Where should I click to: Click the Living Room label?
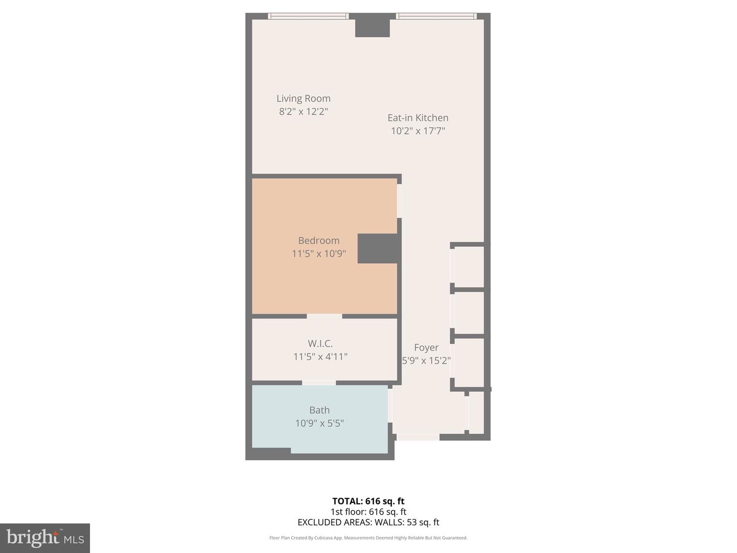click(x=304, y=98)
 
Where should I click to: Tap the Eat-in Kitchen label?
click(x=418, y=118)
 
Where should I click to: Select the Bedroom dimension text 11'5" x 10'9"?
click(x=319, y=253)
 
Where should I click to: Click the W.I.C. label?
click(x=320, y=344)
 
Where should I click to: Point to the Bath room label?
click(x=319, y=410)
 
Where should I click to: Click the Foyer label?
click(x=426, y=348)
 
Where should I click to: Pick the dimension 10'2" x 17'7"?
click(x=418, y=131)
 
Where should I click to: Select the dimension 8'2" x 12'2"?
click(x=304, y=112)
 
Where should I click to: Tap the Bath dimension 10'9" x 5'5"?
click(x=319, y=423)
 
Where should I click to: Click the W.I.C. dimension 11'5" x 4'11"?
click(x=320, y=356)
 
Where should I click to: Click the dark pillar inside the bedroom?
click(x=378, y=248)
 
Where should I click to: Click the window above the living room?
click(x=308, y=16)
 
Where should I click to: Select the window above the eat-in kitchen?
click(x=437, y=16)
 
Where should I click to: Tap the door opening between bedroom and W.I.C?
click(x=324, y=316)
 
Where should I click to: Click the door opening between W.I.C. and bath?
click(x=319, y=383)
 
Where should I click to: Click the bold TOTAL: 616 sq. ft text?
click(x=368, y=501)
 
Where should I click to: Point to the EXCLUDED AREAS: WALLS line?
click(x=368, y=522)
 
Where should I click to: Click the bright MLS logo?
click(x=45, y=538)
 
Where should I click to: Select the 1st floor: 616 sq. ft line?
click(x=368, y=512)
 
